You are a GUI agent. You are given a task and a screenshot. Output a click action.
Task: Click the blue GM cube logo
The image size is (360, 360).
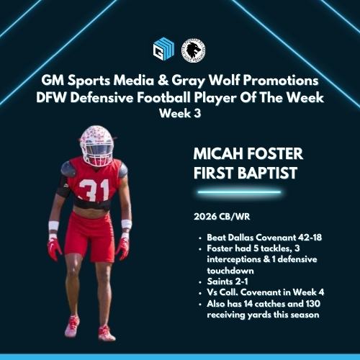pos(163,50)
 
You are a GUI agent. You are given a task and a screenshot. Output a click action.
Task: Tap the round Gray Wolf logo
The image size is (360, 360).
pos(194,50)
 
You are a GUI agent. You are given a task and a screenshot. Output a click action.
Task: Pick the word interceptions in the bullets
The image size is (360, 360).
pos(235,258)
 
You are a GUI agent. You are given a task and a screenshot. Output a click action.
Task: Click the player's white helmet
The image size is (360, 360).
pos(96,145)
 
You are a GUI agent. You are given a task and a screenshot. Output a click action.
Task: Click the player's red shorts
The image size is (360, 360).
pos(90,234)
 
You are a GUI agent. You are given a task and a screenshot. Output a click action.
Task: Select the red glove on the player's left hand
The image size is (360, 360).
pos(123,248)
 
